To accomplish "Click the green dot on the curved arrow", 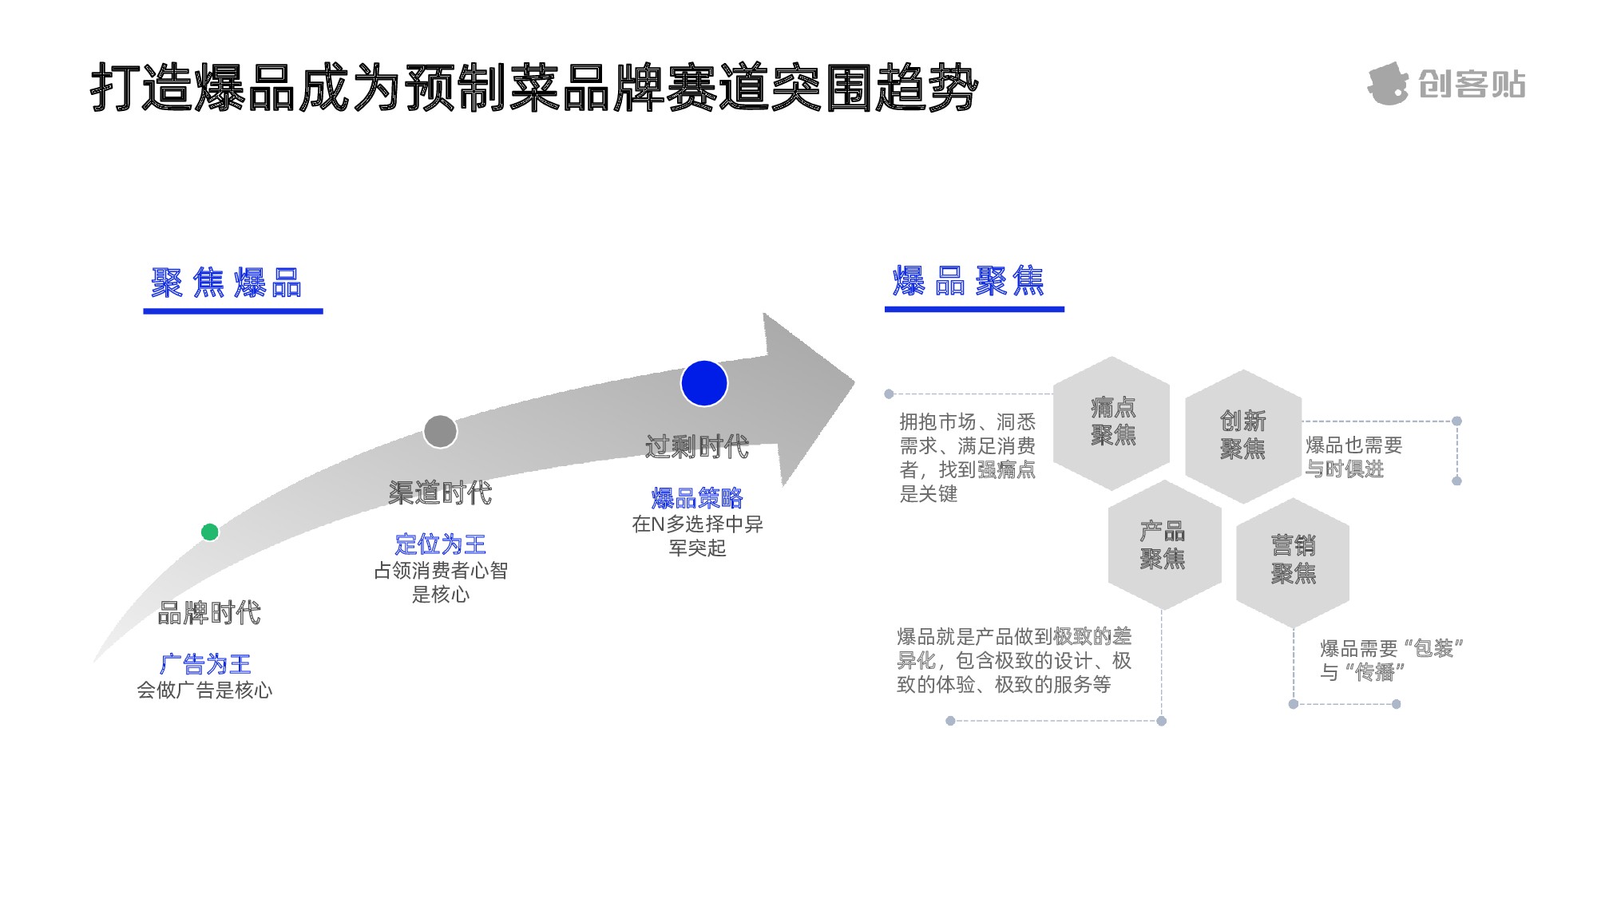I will pyautogui.click(x=210, y=532).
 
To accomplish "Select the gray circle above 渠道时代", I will pyautogui.click(x=440, y=432).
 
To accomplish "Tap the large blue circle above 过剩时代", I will pyautogui.click(x=703, y=383).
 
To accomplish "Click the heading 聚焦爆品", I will pyautogui.click(x=227, y=283).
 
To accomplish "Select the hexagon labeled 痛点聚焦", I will pyautogui.click(x=1112, y=423).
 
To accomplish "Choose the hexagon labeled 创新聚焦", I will pyautogui.click(x=1242, y=436).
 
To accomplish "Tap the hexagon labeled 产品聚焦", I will pyautogui.click(x=1163, y=545).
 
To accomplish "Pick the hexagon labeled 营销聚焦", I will pyautogui.click(x=1293, y=561).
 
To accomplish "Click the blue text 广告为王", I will pyautogui.click(x=206, y=663).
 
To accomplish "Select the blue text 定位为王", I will pyautogui.click(x=440, y=544).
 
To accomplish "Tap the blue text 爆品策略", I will pyautogui.click(x=697, y=498).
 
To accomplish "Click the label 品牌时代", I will pyautogui.click(x=209, y=613).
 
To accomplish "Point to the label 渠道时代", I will pyautogui.click(x=440, y=493).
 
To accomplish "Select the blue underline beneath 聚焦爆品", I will pyautogui.click(x=233, y=311).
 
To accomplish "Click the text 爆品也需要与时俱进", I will pyautogui.click(x=1353, y=457).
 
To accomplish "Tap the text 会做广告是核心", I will pyautogui.click(x=205, y=690).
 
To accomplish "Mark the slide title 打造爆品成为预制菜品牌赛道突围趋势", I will pyautogui.click(x=534, y=87).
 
